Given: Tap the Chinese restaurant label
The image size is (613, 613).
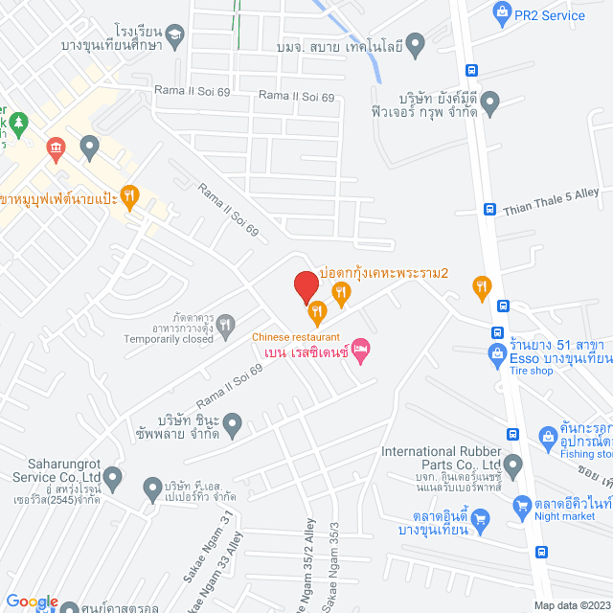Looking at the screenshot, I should [296, 336].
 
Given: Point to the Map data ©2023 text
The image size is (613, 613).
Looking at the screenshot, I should [571, 604].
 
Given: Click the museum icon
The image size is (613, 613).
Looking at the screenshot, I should [55, 148].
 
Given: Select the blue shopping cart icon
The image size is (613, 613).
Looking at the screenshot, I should [482, 520].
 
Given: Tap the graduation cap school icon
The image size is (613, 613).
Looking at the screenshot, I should [174, 39].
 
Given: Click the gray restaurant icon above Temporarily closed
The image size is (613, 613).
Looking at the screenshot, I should [225, 325].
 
